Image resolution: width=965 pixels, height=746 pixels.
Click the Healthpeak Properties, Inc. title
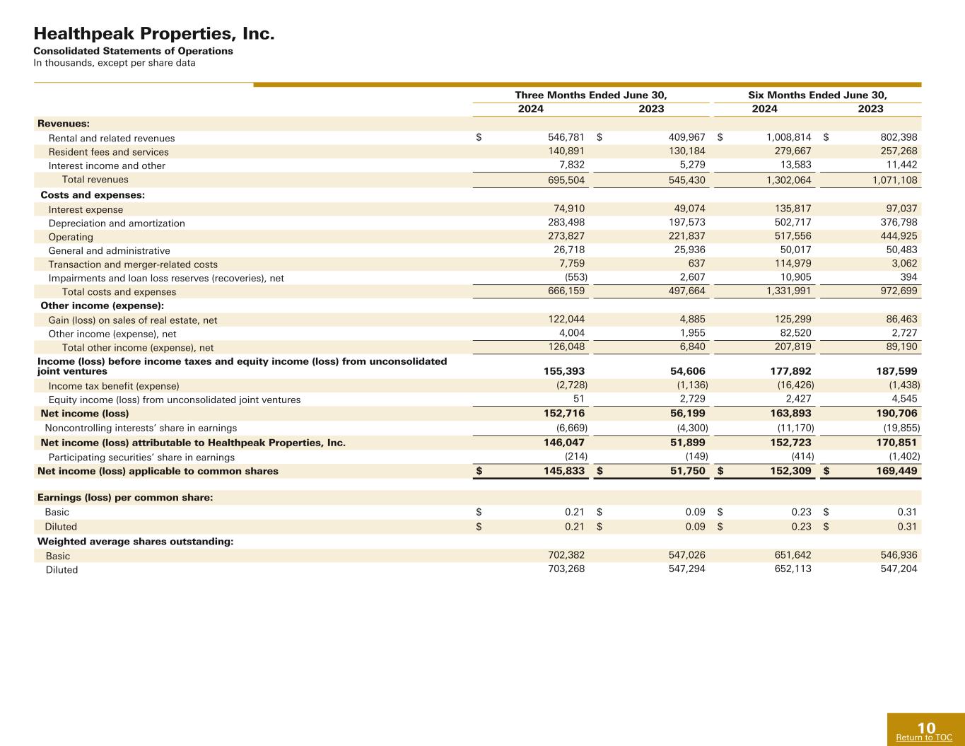[x=154, y=34]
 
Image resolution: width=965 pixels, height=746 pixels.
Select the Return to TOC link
[x=924, y=738]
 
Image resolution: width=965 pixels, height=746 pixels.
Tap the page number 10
[x=926, y=728]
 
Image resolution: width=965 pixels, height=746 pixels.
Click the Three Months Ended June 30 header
[x=591, y=95]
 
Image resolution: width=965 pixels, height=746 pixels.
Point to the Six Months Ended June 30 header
[x=817, y=95]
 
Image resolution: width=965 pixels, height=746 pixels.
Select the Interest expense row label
[x=86, y=209]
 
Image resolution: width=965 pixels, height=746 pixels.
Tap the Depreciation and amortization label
[x=117, y=223]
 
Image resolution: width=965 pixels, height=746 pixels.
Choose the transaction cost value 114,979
[x=790, y=264]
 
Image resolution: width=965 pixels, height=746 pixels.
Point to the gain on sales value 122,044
[x=562, y=320]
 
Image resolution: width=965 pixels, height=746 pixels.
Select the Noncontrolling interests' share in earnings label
[x=141, y=428]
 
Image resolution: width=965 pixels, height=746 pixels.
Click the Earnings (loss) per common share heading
[x=125, y=498]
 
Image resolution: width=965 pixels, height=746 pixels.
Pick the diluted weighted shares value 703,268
[x=562, y=569]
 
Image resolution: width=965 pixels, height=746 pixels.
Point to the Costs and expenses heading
[x=93, y=194]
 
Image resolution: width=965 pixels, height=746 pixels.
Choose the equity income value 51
[x=578, y=400]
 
